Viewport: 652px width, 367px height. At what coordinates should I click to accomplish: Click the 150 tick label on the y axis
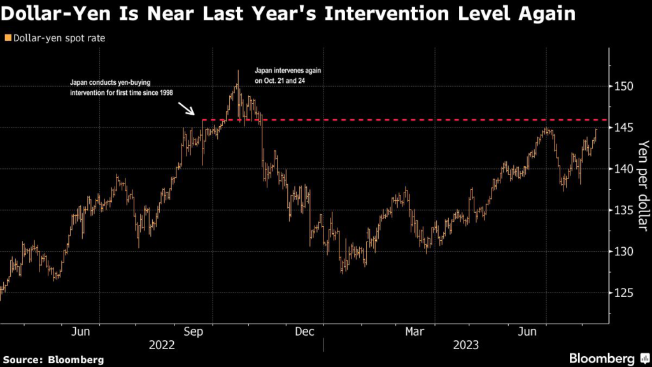pos(627,86)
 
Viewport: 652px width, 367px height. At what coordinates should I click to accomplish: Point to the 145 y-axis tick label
pos(627,127)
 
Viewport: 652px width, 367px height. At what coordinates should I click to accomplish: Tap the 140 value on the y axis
pos(627,169)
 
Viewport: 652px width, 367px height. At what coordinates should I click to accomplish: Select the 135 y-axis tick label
pos(627,210)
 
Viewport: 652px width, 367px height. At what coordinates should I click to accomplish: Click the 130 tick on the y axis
pos(627,252)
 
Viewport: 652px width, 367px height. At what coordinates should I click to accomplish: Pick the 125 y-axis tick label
pos(627,293)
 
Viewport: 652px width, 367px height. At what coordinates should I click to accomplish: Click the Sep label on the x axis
pos(194,331)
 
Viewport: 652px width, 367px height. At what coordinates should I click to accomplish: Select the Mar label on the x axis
pos(415,331)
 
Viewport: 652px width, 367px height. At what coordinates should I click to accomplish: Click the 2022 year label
pos(162,345)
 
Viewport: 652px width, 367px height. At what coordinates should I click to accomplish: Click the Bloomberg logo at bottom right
pos(606,358)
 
